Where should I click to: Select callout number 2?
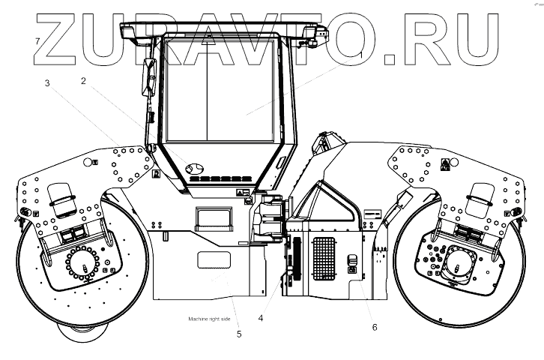click(83, 80)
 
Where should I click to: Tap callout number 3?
click(47, 84)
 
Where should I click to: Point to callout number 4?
click(260, 318)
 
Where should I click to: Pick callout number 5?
click(239, 334)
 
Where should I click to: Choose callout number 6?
click(374, 327)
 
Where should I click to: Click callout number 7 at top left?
click(36, 40)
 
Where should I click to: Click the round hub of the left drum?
click(84, 265)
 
